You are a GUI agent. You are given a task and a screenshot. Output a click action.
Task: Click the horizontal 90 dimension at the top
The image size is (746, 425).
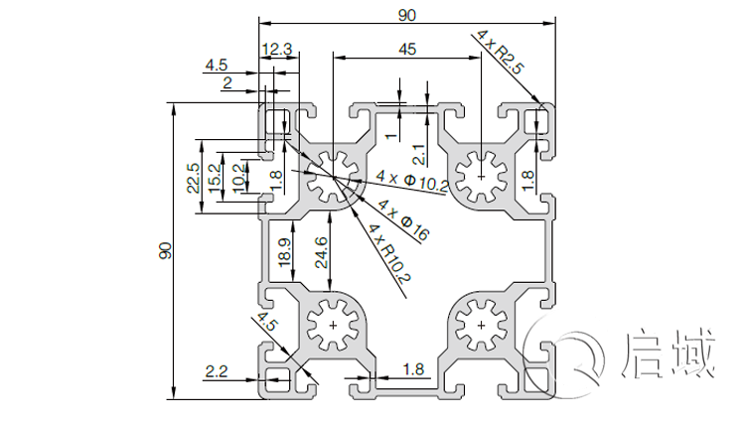407,14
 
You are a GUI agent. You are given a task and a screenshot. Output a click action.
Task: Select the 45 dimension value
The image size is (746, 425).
407,49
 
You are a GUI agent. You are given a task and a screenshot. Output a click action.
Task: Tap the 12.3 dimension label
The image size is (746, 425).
278,49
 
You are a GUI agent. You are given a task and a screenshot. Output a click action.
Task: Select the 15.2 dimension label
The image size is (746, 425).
215,177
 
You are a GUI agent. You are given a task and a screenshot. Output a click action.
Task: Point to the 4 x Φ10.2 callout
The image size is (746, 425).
413,180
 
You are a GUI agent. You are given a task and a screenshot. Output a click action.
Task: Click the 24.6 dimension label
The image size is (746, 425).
318,254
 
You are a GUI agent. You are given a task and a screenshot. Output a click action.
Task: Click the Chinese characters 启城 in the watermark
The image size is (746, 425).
670,355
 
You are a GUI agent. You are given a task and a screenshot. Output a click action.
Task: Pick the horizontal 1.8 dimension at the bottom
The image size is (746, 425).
414,369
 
